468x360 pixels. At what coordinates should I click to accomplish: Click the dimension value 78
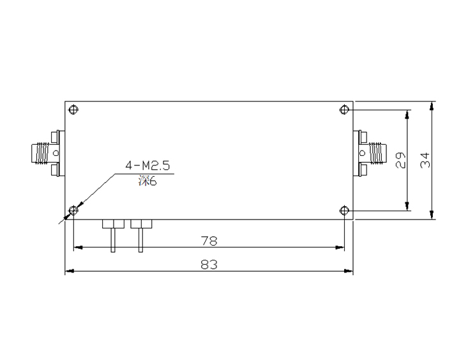click(209, 241)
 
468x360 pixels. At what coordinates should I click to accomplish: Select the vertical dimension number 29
click(401, 160)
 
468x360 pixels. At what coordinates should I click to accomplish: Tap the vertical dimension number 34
click(425, 160)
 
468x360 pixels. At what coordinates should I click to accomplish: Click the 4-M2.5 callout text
click(147, 166)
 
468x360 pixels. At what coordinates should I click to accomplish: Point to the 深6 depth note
click(147, 181)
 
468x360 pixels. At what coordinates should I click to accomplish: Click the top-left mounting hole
click(74, 109)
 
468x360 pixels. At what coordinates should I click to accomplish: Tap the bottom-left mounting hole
click(73, 210)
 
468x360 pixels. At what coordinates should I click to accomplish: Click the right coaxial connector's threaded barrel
click(377, 153)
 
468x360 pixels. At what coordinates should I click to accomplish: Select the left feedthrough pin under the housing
click(112, 239)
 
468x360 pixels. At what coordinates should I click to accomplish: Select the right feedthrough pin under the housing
click(140, 239)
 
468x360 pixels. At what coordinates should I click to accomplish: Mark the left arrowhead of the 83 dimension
click(68, 272)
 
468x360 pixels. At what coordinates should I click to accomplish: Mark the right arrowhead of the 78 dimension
click(341, 247)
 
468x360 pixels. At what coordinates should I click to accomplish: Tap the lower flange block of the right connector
click(363, 169)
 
